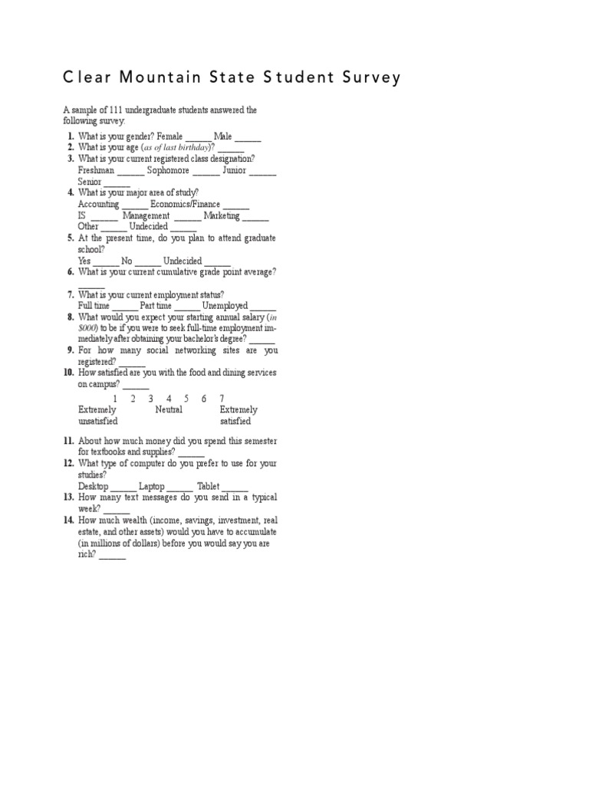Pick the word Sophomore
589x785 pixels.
pyautogui.click(x=163, y=170)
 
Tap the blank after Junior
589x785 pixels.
pyautogui.click(x=262, y=173)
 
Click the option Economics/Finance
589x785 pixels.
pyautogui.click(x=185, y=205)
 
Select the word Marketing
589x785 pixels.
pyautogui.click(x=222, y=216)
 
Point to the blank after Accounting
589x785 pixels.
pyautogui.click(x=134, y=207)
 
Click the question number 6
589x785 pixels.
pyautogui.click(x=70, y=272)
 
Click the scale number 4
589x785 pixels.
pyautogui.click(x=169, y=399)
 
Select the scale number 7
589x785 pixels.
pyautogui.click(x=222, y=399)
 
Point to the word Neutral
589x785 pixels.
pyautogui.click(x=169, y=410)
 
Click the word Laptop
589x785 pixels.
pyautogui.click(x=151, y=486)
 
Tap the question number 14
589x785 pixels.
pyautogui.click(x=68, y=520)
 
